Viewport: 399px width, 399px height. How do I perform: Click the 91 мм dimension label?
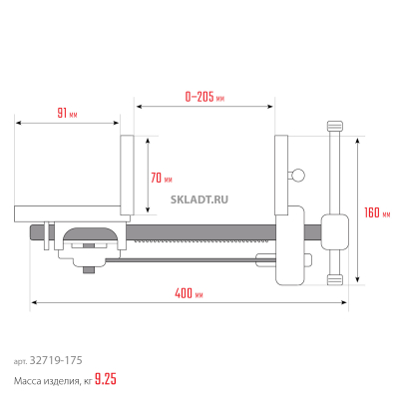[67, 114]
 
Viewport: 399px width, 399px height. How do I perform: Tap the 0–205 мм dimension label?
[204, 97]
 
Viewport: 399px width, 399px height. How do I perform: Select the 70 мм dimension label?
[162, 179]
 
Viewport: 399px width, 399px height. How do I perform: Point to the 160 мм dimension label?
[377, 212]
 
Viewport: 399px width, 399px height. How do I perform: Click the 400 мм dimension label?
[189, 293]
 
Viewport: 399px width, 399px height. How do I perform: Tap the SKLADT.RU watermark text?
[199, 199]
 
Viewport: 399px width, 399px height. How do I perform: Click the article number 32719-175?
[56, 360]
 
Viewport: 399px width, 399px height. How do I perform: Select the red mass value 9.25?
[106, 379]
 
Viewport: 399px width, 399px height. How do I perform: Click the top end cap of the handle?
[335, 126]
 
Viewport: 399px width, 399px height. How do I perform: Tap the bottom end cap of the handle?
[335, 280]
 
